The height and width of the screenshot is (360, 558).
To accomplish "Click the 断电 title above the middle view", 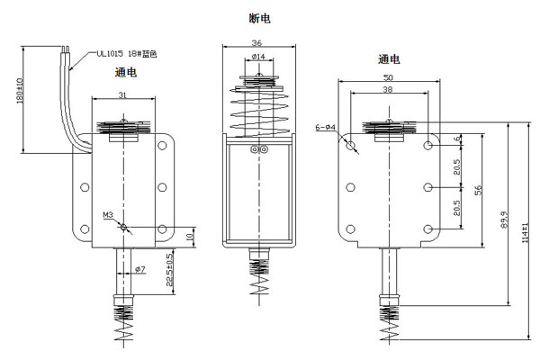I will (259, 17).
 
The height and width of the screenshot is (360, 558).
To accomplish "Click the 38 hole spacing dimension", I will (387, 91).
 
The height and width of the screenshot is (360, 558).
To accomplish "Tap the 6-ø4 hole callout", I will (325, 128).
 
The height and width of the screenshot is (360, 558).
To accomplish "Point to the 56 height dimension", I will (479, 191).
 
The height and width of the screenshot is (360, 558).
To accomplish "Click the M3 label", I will (107, 216).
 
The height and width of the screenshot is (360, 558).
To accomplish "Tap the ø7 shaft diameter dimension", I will (139, 270).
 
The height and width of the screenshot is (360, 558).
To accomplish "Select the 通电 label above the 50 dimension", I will (389, 59).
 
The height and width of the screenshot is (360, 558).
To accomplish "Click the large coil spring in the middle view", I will (257, 109).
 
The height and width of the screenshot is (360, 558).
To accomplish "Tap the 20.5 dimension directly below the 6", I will (458, 166).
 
